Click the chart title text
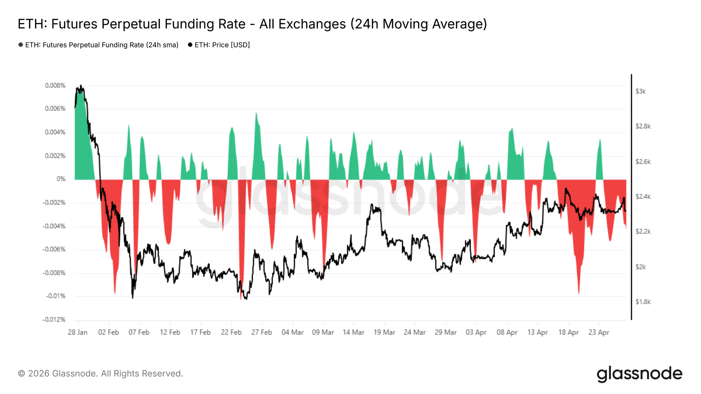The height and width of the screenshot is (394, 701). click(x=252, y=24)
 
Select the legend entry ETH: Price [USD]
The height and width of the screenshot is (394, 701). click(x=222, y=45)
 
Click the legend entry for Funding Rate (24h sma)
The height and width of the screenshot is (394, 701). click(x=102, y=45)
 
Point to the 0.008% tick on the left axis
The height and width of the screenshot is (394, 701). click(x=55, y=85)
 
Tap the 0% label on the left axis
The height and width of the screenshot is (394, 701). click(x=61, y=179)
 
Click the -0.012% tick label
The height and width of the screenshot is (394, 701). click(x=54, y=319)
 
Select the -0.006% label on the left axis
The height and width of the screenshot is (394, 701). click(x=54, y=249)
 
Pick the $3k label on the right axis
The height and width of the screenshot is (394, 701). click(x=640, y=91)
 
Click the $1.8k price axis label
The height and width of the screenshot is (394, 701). click(x=643, y=302)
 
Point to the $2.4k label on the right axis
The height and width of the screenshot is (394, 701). click(x=643, y=197)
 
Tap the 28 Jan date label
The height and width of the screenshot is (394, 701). click(x=77, y=332)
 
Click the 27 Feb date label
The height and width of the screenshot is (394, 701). click(x=261, y=332)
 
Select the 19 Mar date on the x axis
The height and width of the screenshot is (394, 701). click(x=384, y=332)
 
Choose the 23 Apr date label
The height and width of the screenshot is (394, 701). click(x=599, y=332)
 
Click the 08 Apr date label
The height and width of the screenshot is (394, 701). click(x=507, y=332)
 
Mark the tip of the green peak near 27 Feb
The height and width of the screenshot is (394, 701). click(x=256, y=113)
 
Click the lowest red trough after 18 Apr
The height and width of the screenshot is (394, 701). click(x=579, y=293)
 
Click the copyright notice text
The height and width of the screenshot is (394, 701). click(x=100, y=374)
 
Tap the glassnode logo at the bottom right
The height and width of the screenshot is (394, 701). click(x=639, y=374)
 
